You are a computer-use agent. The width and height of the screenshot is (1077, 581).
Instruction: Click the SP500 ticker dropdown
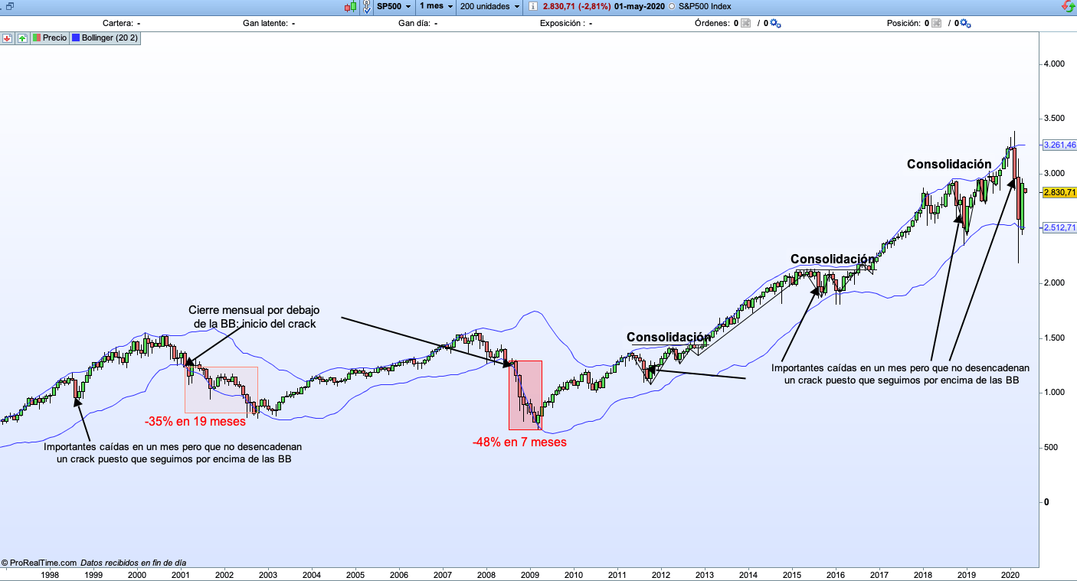[x=394, y=6]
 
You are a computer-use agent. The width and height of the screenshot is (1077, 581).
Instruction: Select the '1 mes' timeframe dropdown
[x=436, y=6]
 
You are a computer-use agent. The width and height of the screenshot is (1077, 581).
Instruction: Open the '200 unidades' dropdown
[x=490, y=6]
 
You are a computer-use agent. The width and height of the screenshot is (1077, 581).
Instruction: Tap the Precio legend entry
[x=51, y=38]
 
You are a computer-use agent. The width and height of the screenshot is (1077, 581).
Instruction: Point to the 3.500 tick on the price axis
[x=1055, y=119]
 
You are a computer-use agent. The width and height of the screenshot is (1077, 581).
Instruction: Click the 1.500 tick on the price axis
[x=1055, y=338]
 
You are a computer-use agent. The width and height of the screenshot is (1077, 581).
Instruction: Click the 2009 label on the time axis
[x=530, y=574]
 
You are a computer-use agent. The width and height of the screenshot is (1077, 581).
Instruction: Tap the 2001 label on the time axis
[x=181, y=574]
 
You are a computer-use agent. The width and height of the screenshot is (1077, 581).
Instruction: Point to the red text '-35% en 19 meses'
[x=195, y=421]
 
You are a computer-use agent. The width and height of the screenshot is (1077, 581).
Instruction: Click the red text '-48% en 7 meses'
[x=519, y=442]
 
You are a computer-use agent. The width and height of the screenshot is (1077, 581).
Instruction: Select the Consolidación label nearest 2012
[x=668, y=337]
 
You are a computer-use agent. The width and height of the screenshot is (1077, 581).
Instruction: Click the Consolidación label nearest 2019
[x=949, y=164]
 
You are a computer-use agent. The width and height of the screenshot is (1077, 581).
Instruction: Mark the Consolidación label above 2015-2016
[x=832, y=259]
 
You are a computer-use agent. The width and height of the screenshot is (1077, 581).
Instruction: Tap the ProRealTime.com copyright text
[x=40, y=562]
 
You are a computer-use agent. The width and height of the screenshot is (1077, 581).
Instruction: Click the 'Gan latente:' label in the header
[x=265, y=23]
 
